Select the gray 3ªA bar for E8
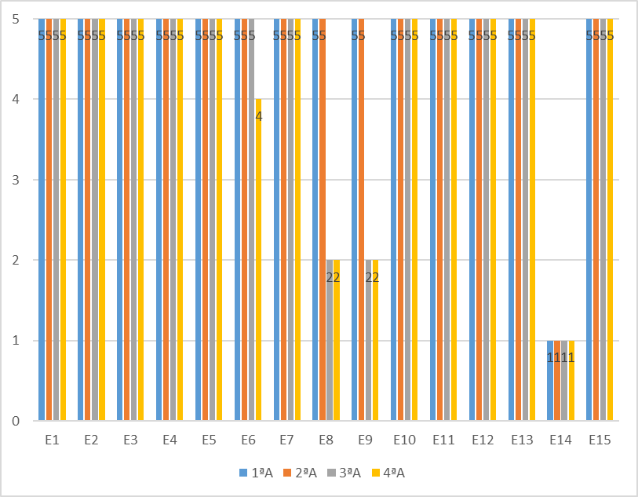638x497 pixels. (330, 345)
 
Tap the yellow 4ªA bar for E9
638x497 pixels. (375, 345)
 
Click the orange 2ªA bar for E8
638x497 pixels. (323, 220)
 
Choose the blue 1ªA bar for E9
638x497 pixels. (355, 220)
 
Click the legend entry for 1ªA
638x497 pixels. (256, 473)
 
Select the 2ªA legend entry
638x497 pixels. (300, 473)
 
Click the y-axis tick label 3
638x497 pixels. (16, 180)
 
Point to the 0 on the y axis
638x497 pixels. (16, 422)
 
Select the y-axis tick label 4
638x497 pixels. (16, 99)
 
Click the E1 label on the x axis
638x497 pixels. (52, 441)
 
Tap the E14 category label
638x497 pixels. (560, 441)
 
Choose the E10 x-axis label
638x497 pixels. (404, 441)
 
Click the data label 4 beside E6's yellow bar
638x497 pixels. (259, 116)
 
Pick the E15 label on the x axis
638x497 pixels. (600, 441)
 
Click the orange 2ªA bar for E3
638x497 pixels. (127, 220)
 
